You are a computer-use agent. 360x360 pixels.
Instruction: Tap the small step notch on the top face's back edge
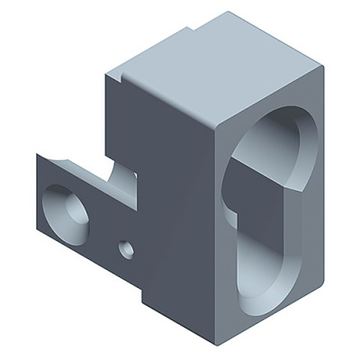[x=192, y=29]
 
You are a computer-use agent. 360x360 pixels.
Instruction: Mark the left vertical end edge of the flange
[x=38, y=193]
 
